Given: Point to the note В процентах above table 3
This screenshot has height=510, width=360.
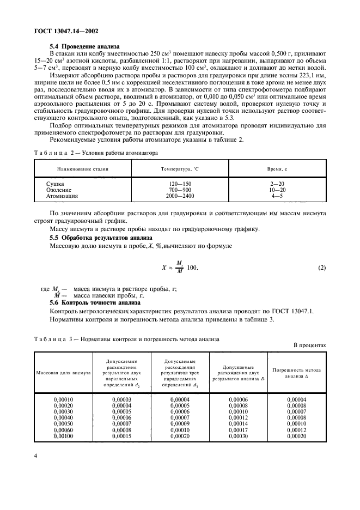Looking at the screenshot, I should pyautogui.click(x=309, y=345).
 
